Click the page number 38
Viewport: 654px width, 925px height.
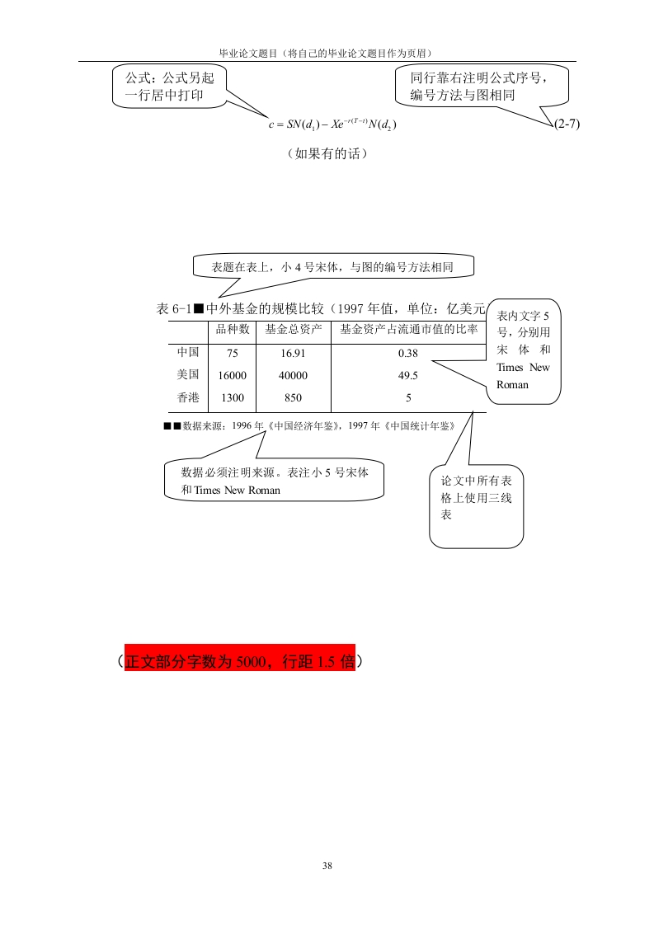[327, 866]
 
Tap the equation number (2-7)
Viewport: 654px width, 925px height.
[567, 124]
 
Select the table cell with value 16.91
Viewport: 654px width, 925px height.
[293, 354]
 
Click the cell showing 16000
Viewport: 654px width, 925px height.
[232, 375]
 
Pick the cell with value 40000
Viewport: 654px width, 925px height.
[293, 375]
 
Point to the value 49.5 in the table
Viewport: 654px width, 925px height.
[408, 375]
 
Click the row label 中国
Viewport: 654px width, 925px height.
[188, 352]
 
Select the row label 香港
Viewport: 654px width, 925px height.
[188, 397]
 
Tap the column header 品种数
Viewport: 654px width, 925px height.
[232, 329]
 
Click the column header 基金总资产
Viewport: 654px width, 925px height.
[294, 329]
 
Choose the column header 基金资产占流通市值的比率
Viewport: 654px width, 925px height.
[408, 329]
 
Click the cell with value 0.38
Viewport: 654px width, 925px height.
[408, 354]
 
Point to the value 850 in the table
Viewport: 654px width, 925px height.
[293, 397]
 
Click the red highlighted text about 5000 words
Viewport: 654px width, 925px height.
[240, 661]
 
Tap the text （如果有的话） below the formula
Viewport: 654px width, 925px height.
[327, 154]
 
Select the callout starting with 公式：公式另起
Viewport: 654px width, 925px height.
[169, 86]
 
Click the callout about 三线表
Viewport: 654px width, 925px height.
[477, 506]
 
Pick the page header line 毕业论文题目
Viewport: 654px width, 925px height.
[327, 53]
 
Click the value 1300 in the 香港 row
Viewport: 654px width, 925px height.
[232, 397]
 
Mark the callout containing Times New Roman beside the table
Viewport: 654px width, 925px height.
[523, 351]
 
